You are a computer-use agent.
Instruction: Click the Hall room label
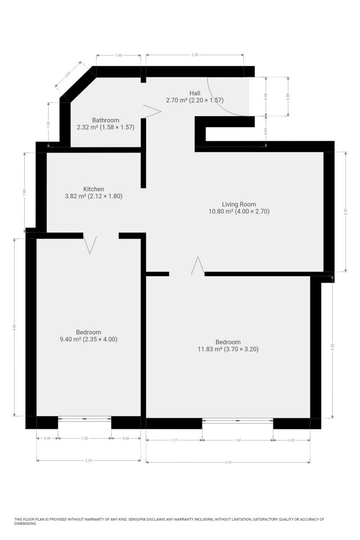194,93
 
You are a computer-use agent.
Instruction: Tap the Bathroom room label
106,120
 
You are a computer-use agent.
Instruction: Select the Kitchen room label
94,189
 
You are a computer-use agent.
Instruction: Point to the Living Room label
238,204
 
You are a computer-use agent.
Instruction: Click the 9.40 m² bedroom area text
89,339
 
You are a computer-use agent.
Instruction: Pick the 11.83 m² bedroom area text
228,349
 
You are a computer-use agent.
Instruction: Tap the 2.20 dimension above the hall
194,55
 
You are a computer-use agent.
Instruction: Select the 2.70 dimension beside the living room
346,211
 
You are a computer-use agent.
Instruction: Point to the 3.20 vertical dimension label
332,347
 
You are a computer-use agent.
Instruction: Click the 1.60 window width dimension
238,440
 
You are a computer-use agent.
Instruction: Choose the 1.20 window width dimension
85,438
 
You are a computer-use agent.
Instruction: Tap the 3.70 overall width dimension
228,463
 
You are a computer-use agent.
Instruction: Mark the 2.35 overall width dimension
89,460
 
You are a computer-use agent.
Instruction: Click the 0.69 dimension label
265,131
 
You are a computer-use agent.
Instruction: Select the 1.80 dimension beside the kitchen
24,193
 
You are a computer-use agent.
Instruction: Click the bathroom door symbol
152,112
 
